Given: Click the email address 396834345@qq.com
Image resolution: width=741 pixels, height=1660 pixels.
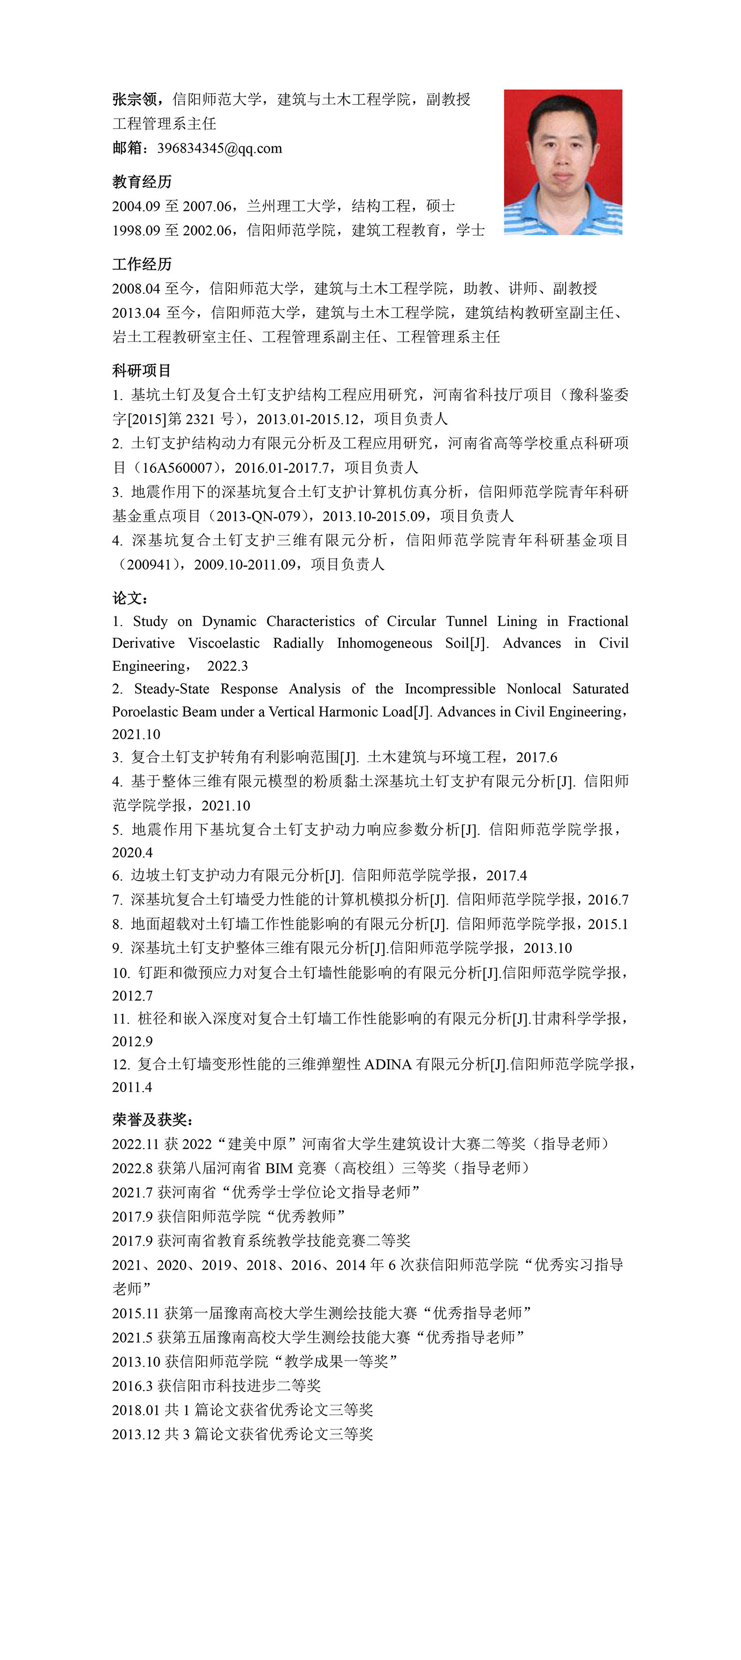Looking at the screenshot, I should click(219, 148).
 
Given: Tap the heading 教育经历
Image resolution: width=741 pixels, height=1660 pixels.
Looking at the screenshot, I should click(142, 182).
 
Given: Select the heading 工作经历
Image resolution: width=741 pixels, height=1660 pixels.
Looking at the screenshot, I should click(142, 264).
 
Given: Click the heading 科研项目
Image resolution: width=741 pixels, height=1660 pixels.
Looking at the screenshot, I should click(142, 371).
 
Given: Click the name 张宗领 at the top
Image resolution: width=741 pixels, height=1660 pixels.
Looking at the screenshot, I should click(134, 99).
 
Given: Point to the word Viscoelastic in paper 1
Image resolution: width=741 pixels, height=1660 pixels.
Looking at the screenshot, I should click(224, 643).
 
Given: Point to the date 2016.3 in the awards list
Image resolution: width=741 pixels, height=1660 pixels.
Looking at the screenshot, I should click(132, 1385).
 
